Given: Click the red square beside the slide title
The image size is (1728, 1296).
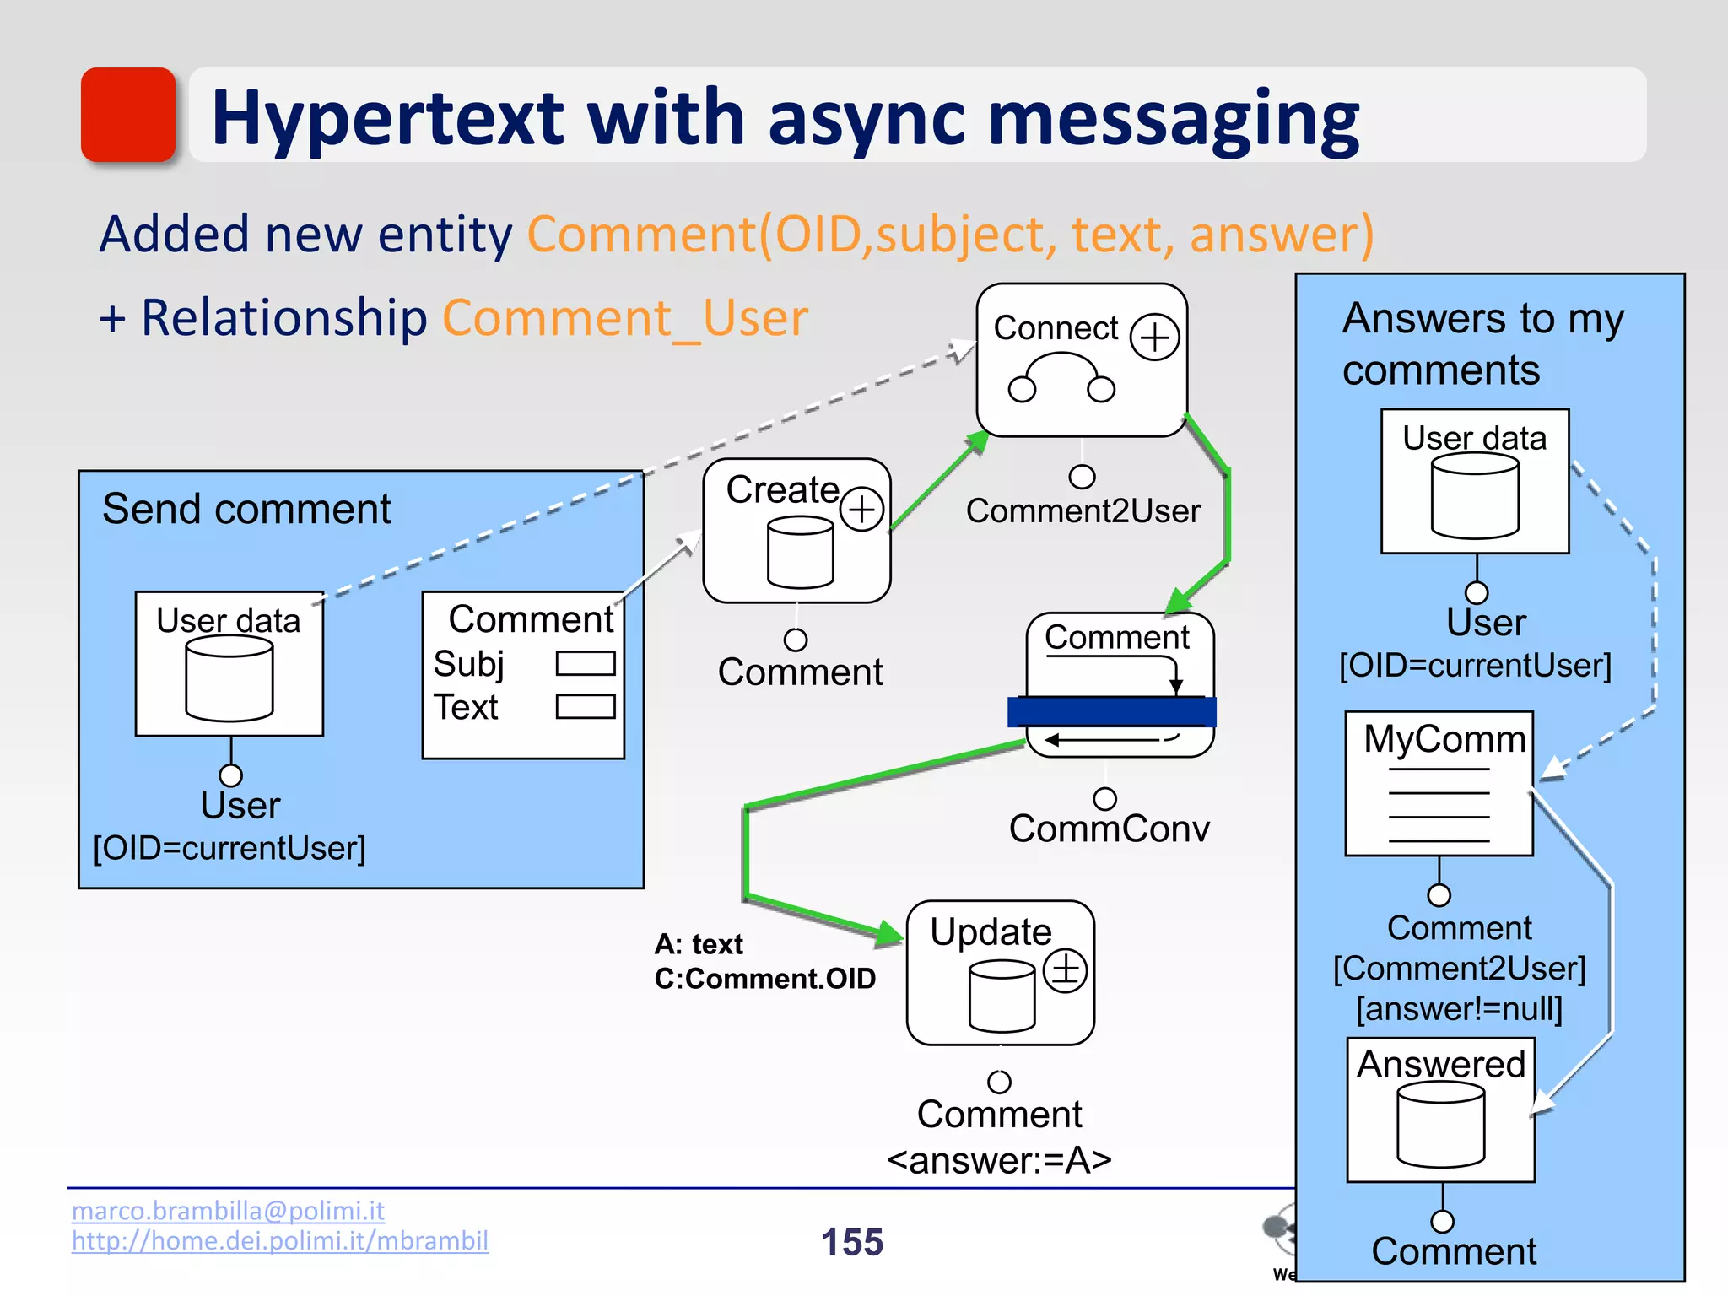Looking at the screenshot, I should click(x=128, y=115).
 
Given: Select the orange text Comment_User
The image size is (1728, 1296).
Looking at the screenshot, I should click(x=625, y=319).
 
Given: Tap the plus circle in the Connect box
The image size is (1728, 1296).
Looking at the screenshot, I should click(x=1154, y=337).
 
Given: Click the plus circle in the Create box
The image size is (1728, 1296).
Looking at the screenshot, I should click(x=861, y=509).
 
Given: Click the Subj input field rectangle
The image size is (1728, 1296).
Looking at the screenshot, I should click(x=585, y=663).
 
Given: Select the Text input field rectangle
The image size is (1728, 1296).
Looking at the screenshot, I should click(x=585, y=706).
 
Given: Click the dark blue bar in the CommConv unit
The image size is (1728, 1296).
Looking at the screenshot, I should click(x=1111, y=711).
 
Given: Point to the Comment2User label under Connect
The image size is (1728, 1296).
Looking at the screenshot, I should click(x=1083, y=511).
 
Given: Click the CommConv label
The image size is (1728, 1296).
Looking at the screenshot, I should click(x=1109, y=829).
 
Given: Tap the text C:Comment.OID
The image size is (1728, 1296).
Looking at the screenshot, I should click(x=764, y=979).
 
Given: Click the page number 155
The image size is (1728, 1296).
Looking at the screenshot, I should click(x=852, y=1242).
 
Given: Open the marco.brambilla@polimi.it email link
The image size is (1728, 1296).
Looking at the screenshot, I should click(x=228, y=1211).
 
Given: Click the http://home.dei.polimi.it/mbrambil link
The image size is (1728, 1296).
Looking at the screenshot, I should click(x=279, y=1241).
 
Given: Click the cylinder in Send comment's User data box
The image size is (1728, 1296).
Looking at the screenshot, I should click(x=229, y=678).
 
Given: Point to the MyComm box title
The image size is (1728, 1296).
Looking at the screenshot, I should click(x=1444, y=739).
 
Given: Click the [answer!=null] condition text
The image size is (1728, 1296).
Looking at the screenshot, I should click(x=1459, y=1009).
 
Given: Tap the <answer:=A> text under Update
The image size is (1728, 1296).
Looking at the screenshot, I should click(x=999, y=1161).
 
